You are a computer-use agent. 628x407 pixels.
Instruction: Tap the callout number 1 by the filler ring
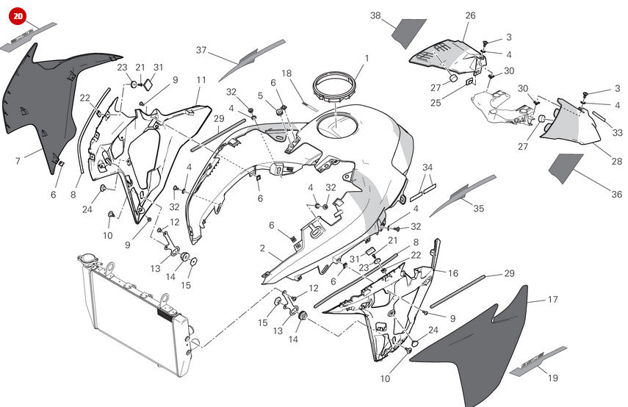(x=367, y=58)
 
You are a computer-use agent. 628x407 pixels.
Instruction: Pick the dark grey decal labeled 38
(x=409, y=34)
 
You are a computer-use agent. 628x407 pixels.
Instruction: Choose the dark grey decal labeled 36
(x=566, y=168)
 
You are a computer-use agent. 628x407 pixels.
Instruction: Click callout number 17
(x=552, y=300)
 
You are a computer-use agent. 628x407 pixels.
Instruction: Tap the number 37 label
(x=201, y=50)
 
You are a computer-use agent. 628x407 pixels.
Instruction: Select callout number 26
(x=470, y=15)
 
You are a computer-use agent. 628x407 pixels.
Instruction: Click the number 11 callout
(x=201, y=79)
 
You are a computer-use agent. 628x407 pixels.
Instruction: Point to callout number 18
(x=286, y=73)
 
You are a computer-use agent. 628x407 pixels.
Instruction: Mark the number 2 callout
(x=262, y=248)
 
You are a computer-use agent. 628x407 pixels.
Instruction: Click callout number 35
(x=478, y=209)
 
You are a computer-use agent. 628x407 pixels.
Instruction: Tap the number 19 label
(x=553, y=378)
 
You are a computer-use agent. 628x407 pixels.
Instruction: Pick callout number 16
(x=453, y=273)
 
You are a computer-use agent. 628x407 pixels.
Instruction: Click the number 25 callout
(x=436, y=103)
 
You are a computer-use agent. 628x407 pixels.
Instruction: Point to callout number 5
(x=260, y=95)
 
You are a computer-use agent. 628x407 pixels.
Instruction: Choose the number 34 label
(x=427, y=168)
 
